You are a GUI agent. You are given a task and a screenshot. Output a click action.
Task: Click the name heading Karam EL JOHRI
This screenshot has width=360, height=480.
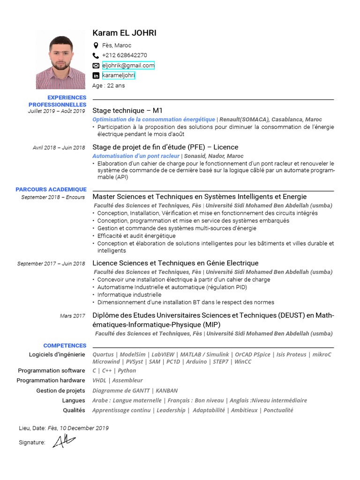tap(124, 33)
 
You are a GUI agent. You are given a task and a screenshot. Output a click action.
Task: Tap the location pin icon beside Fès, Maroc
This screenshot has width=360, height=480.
tap(96, 45)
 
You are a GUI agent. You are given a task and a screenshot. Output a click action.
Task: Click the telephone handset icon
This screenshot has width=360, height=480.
tap(96, 55)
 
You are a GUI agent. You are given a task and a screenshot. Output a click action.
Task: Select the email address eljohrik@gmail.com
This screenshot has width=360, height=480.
tap(128, 66)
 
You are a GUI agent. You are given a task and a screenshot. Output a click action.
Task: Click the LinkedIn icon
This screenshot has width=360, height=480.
tap(96, 75)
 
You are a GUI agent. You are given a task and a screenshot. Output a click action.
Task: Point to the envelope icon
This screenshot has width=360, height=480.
tap(96, 66)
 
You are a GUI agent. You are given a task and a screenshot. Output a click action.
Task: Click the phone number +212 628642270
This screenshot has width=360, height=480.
tap(124, 55)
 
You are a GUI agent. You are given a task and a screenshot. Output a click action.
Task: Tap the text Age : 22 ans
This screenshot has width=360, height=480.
tap(109, 86)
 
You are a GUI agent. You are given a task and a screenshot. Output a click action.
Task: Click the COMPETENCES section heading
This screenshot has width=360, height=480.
tap(65, 345)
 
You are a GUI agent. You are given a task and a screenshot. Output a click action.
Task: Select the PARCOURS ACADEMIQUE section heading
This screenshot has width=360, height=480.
tap(51, 189)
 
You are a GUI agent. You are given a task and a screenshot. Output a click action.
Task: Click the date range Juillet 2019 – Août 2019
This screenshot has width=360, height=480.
tap(57, 111)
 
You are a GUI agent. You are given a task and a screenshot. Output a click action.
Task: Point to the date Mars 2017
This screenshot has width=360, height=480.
tap(73, 316)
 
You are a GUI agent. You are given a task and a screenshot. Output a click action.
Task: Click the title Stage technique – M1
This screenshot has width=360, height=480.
tap(127, 111)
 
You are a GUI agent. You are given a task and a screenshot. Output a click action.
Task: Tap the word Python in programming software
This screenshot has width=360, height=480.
tap(127, 370)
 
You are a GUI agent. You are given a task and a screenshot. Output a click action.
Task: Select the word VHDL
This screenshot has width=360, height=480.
tap(100, 380)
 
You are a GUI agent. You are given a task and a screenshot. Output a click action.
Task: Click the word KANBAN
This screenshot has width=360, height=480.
tap(166, 390)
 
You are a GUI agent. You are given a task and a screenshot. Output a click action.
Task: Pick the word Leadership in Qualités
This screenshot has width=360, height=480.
tap(171, 410)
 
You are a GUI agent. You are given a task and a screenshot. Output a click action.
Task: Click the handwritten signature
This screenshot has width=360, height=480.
tap(63, 441)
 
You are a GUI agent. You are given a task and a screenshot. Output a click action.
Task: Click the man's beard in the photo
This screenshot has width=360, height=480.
tap(60, 66)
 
